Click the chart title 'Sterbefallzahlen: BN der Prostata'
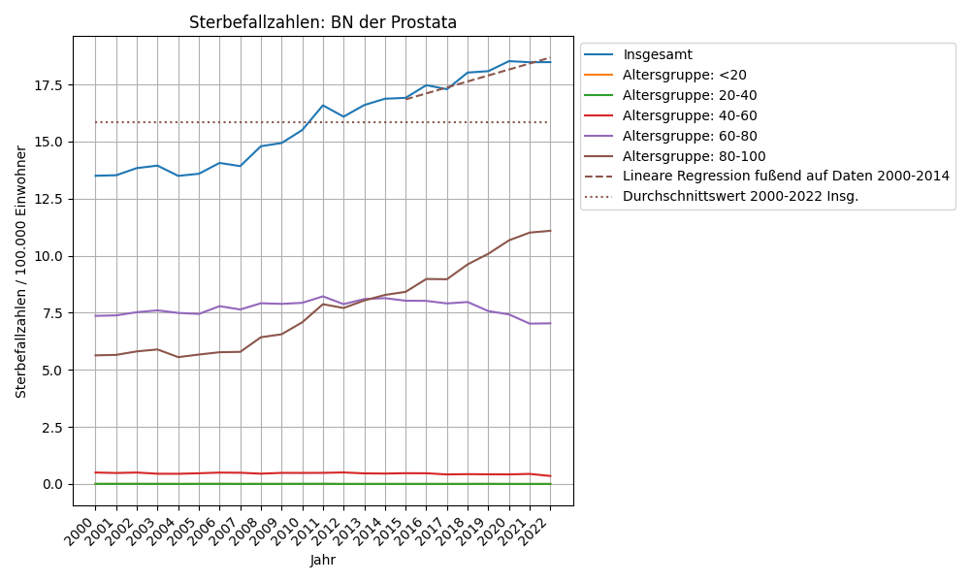point(323,22)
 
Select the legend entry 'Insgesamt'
point(658,54)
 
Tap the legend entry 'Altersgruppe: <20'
point(685,75)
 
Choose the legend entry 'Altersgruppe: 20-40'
point(690,95)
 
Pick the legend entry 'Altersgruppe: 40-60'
point(690,115)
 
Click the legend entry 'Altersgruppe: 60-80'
point(690,136)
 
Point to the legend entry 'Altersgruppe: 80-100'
point(694,156)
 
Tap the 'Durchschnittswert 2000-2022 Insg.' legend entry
point(740,196)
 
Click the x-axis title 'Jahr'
point(323,560)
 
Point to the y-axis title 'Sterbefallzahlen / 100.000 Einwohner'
point(21,272)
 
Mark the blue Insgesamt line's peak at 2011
point(323,105)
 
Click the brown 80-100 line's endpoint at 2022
point(550,231)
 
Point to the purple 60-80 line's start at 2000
point(95,315)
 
